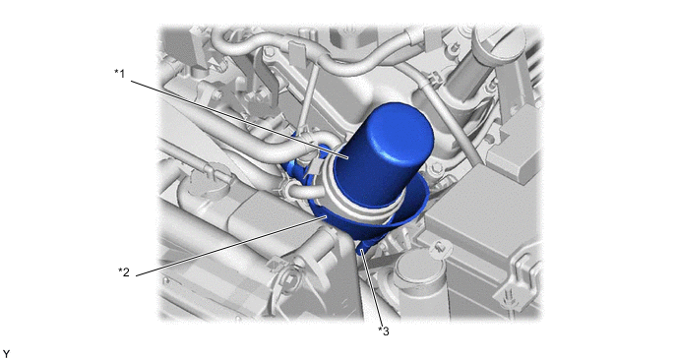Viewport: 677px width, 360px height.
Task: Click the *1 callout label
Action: click(119, 74)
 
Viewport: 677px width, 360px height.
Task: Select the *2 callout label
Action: click(124, 271)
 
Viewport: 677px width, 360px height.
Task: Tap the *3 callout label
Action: click(384, 331)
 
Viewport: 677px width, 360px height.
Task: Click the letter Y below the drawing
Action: click(6, 354)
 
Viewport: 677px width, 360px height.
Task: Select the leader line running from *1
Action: click(240, 120)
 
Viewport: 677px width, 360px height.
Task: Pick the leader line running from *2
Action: click(231, 247)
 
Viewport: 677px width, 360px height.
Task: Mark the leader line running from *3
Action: click(372, 288)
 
